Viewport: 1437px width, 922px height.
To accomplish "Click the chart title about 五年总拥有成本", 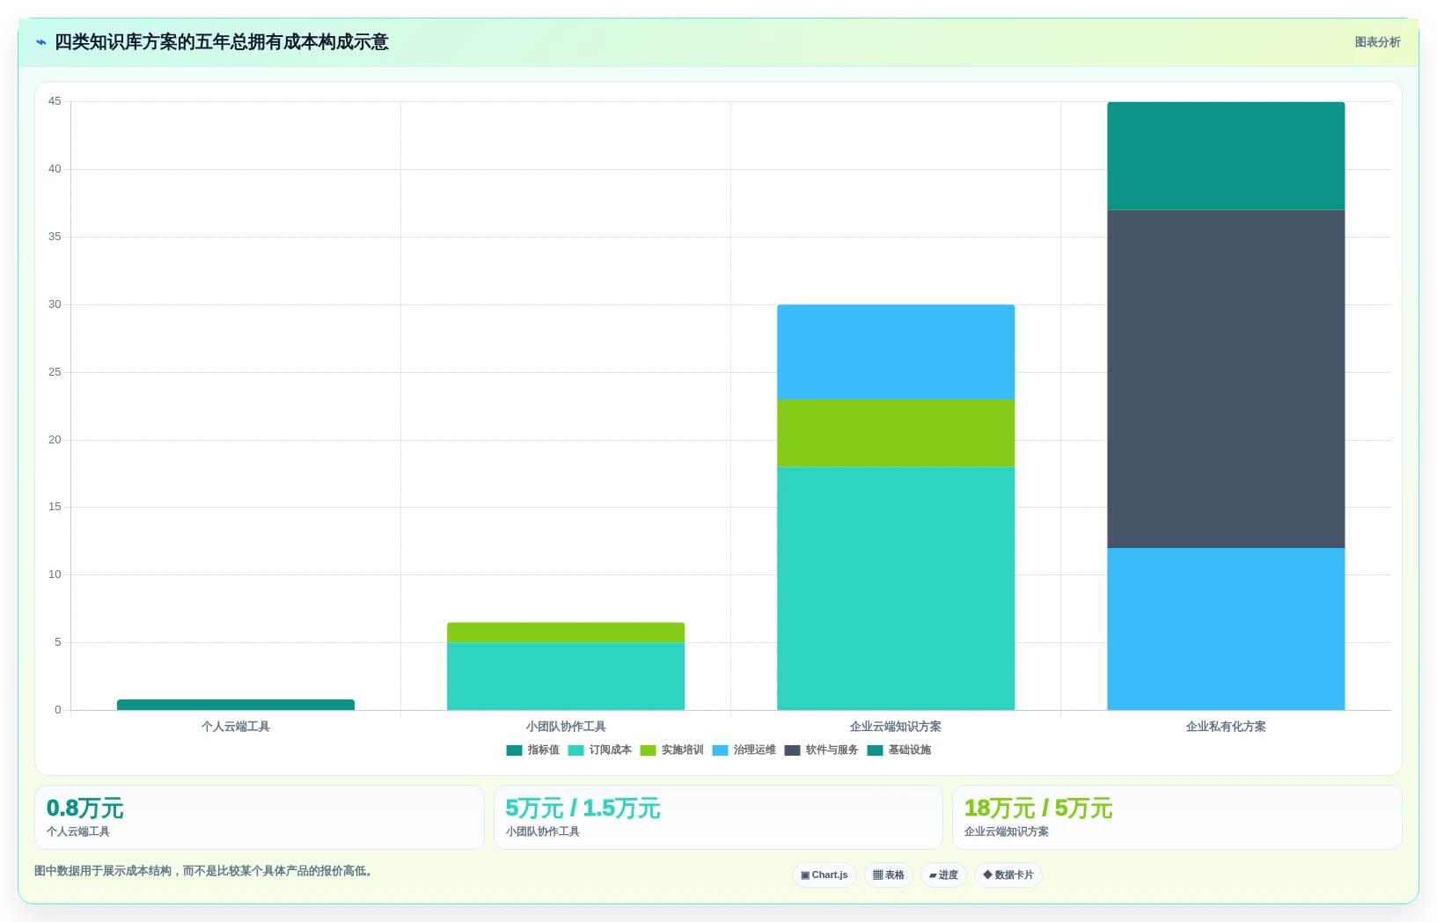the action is coord(222,42).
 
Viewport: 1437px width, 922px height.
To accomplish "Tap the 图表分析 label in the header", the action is coord(1377,42).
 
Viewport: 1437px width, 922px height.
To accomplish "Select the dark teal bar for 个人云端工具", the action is coord(236,705).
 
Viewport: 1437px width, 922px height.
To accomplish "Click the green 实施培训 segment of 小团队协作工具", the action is coord(566,633).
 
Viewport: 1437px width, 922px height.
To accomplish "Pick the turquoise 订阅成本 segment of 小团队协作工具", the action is coord(566,677).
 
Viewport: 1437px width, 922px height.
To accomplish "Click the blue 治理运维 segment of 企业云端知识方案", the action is coord(896,352).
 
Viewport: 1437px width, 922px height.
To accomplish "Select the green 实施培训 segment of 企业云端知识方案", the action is coord(896,433).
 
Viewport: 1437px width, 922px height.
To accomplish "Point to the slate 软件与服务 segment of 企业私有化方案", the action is coord(1226,379).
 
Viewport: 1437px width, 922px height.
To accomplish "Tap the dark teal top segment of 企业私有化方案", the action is coord(1226,156).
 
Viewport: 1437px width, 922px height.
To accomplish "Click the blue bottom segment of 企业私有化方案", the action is coord(1226,629).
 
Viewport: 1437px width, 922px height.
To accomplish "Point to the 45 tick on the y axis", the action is coord(55,101).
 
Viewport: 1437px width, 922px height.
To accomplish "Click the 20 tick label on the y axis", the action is coord(55,440).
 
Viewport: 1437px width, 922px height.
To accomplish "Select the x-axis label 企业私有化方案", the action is coord(1226,727).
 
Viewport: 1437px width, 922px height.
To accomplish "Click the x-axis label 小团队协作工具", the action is coord(566,727).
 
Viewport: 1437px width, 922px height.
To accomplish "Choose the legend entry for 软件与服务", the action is coord(821,750).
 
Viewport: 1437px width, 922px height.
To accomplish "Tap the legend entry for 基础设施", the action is coord(898,750).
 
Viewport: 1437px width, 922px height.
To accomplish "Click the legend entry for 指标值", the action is coord(533,750).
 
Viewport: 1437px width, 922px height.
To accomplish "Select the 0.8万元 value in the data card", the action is coord(84,809).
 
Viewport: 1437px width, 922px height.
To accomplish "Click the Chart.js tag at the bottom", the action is coord(825,874).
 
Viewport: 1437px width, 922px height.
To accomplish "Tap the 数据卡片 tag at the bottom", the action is coord(1008,874).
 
